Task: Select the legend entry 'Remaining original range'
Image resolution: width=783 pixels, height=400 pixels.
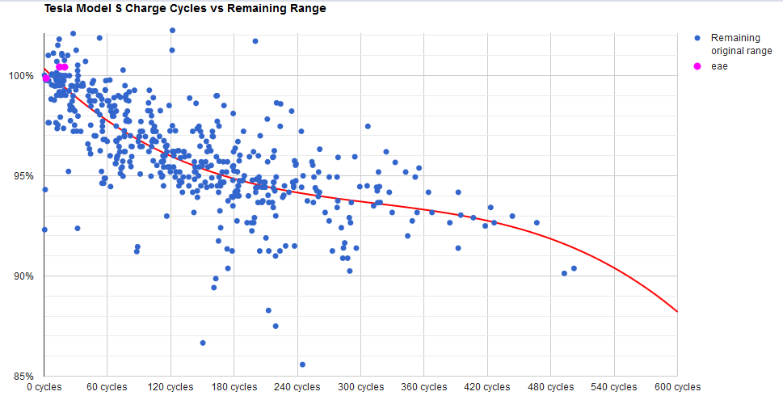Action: coord(740,44)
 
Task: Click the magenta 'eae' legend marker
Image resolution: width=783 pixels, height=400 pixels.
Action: coord(698,66)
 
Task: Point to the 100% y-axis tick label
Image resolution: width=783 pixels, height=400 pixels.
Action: coord(21,76)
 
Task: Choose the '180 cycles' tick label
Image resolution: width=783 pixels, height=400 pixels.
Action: coord(233,387)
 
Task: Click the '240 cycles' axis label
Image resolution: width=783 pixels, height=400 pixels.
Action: coord(297,387)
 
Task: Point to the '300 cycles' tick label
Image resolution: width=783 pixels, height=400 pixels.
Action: coord(360,387)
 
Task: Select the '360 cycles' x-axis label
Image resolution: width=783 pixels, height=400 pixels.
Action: coord(423,387)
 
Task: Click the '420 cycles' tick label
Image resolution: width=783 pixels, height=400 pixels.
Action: coord(486,387)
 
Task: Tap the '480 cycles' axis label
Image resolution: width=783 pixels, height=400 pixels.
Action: coord(550,387)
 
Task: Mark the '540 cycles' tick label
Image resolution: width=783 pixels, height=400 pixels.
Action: coord(613,387)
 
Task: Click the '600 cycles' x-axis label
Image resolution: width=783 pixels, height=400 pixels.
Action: coord(677,387)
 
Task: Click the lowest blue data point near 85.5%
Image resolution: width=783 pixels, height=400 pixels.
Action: coord(302,364)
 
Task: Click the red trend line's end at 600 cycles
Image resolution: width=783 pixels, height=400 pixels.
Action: coord(676,311)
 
